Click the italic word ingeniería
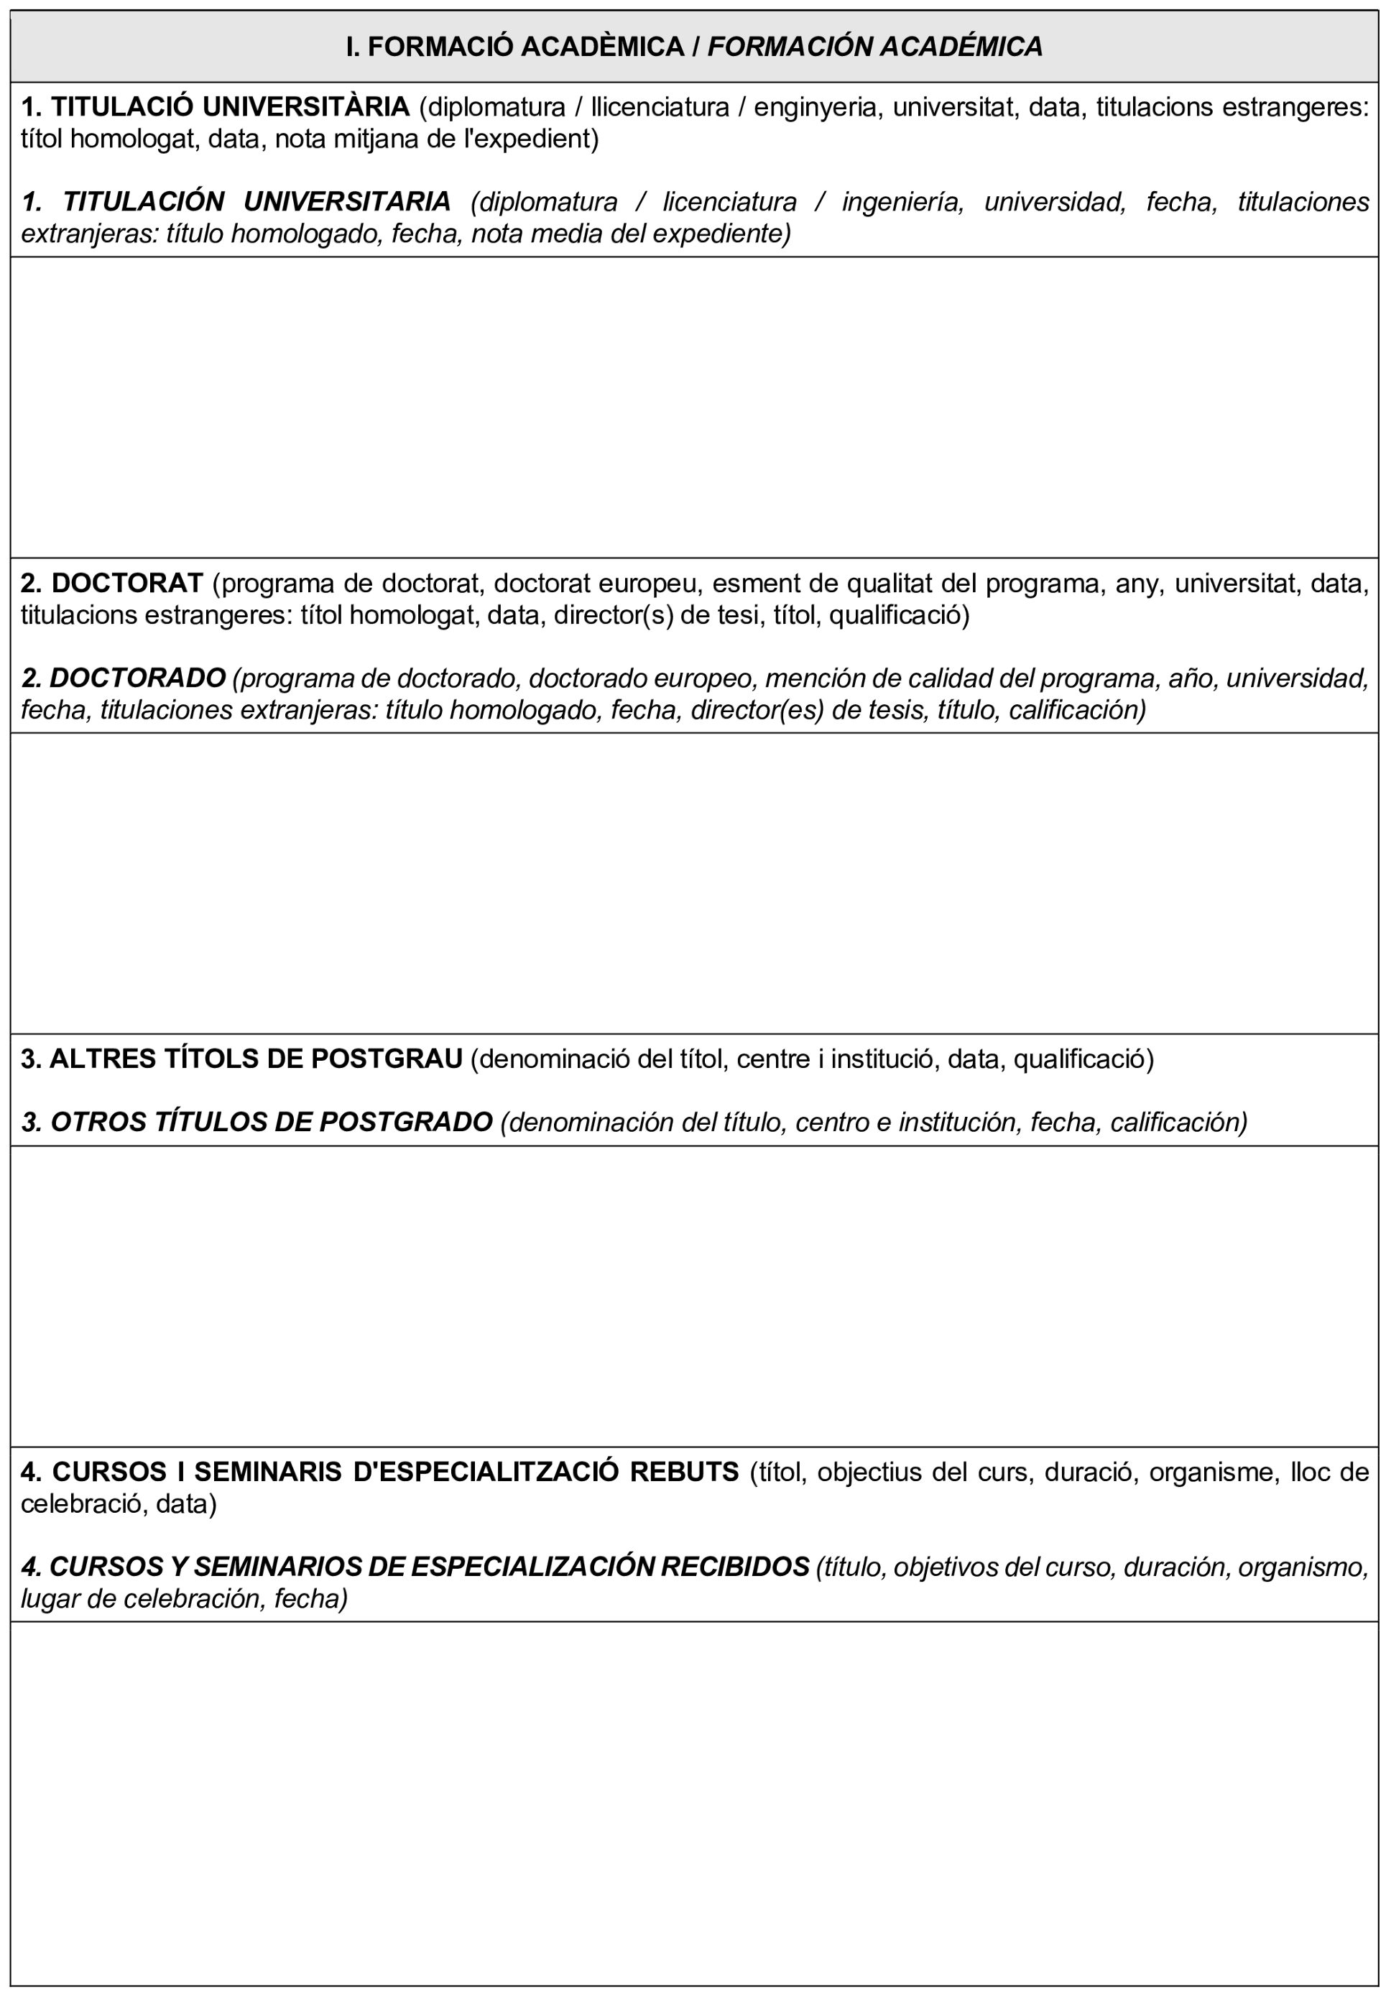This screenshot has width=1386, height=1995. (x=902, y=201)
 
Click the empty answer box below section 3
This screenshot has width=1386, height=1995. (x=693, y=1295)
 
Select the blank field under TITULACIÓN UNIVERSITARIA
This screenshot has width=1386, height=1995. (x=693, y=407)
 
